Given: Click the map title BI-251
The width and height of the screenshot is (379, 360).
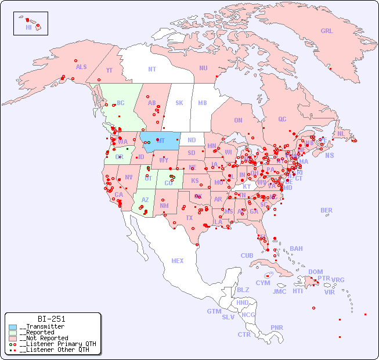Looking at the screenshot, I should [x=51, y=319].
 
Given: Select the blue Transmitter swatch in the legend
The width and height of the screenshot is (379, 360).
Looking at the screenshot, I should [x=13, y=327].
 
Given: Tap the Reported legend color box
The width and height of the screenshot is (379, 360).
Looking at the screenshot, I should [x=13, y=333].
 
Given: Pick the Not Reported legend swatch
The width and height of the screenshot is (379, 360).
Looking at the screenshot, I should [x=13, y=338].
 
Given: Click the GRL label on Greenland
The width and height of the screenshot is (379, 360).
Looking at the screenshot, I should [x=327, y=31].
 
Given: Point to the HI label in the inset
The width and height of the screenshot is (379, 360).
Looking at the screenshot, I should [x=28, y=27].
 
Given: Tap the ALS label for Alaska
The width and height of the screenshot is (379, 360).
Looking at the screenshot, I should [x=81, y=67].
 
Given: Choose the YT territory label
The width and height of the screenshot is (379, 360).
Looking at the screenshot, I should [x=109, y=70].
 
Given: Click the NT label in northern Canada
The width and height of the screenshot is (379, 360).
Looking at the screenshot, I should [x=152, y=69].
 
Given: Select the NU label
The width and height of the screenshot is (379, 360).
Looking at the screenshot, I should [x=203, y=68].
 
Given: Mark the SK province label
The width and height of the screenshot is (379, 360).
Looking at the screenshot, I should [x=179, y=103].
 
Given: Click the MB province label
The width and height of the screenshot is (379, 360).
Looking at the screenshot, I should [x=203, y=103].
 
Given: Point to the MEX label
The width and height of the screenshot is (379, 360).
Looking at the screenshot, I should [x=178, y=261].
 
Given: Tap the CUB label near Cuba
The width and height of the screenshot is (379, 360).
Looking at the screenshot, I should [x=247, y=255].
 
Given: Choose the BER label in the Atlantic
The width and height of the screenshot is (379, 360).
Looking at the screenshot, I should [x=326, y=210].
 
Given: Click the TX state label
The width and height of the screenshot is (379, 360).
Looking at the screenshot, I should [x=189, y=218].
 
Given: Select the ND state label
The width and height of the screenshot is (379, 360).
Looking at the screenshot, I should [x=192, y=140].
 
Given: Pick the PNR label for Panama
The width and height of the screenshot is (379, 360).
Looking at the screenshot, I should [x=277, y=327].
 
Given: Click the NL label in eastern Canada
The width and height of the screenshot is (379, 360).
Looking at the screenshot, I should [x=341, y=134].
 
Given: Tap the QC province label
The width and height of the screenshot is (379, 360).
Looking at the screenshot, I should [x=282, y=120].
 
